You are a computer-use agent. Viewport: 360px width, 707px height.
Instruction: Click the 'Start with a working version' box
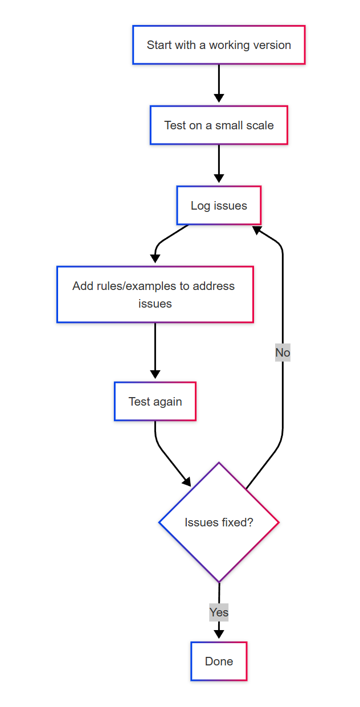(x=219, y=45)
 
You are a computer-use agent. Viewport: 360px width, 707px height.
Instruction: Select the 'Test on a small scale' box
(x=219, y=125)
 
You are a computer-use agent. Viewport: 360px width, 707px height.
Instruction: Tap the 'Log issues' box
(x=219, y=206)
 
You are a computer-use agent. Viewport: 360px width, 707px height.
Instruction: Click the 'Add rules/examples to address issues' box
(x=155, y=295)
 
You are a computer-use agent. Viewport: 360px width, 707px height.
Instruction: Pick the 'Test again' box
(x=155, y=402)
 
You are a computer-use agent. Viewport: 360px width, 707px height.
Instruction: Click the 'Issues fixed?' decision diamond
(x=219, y=522)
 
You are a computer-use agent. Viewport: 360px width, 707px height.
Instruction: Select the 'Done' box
(x=219, y=661)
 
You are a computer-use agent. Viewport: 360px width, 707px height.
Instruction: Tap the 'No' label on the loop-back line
(x=283, y=353)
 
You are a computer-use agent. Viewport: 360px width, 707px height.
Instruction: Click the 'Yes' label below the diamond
(x=219, y=612)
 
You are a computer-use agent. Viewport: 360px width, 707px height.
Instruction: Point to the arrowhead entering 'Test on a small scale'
(x=219, y=99)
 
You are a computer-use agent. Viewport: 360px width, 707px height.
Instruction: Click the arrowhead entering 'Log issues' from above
(x=219, y=179)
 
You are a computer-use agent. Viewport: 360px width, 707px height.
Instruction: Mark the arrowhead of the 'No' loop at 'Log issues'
(x=257, y=230)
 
